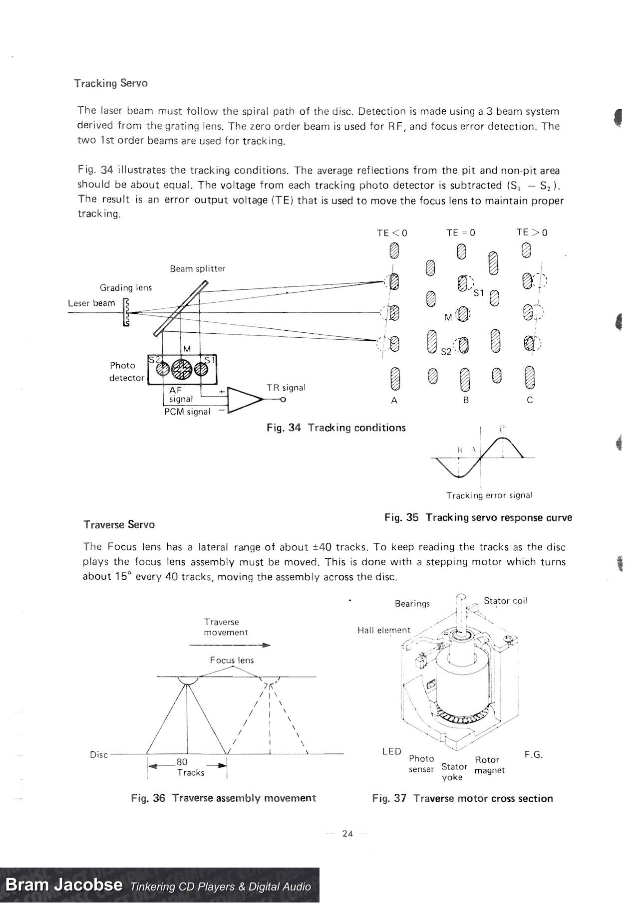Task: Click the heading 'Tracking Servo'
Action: tap(111, 83)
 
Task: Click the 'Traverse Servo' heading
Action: tap(119, 524)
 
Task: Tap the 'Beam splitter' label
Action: tap(197, 268)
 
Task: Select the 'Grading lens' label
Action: tap(125, 287)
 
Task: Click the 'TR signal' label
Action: tap(286, 388)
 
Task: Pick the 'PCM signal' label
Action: tap(187, 412)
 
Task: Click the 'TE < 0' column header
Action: tap(392, 233)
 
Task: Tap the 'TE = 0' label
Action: tap(461, 232)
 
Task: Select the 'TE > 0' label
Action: tap(532, 232)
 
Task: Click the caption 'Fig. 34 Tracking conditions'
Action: tap(336, 428)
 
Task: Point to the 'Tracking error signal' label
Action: tap(489, 495)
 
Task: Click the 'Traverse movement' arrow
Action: tap(230, 645)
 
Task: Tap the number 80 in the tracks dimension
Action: tap(182, 762)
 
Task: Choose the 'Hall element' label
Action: tap(383, 630)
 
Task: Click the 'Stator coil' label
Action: tap(505, 601)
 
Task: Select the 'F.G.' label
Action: tap(533, 755)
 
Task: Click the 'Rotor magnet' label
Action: tap(489, 765)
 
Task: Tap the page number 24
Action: tap(347, 833)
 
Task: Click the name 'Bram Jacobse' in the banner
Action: tap(63, 885)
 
